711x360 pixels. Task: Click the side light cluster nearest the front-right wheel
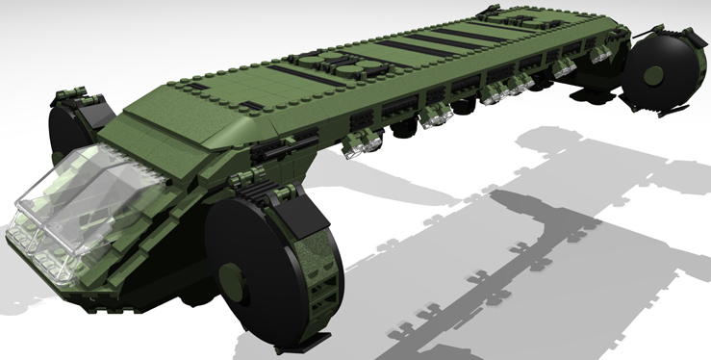(x=364, y=141)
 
